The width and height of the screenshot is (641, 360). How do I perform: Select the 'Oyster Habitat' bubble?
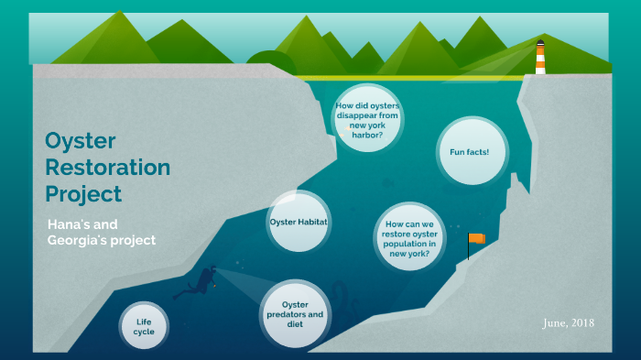click(299, 222)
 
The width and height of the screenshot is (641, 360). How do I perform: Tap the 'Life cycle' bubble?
click(144, 327)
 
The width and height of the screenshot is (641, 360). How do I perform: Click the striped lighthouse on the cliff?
click(540, 58)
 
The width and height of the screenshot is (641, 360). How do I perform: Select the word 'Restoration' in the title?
click(107, 168)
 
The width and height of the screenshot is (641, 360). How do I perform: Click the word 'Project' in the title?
click(83, 194)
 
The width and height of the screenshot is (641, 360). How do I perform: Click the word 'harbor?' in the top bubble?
click(365, 136)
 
